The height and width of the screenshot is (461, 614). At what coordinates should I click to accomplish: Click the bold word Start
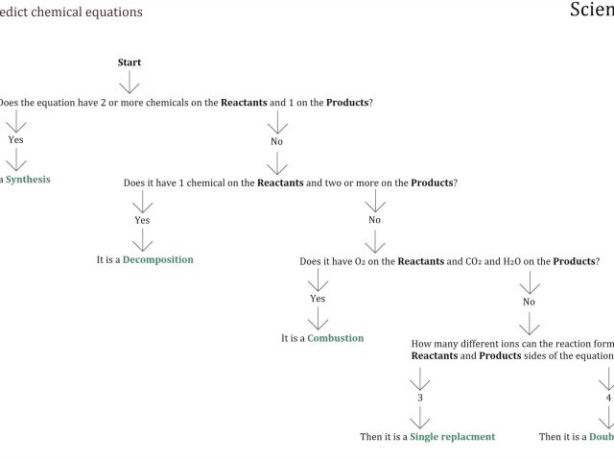click(130, 62)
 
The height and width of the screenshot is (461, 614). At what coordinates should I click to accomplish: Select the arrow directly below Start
click(130, 81)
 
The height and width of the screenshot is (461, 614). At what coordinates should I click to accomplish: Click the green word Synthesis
click(28, 180)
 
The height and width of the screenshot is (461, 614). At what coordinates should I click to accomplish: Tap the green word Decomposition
click(157, 259)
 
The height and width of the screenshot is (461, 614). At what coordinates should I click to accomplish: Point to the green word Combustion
click(335, 338)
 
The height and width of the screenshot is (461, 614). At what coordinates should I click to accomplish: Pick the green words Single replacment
click(453, 436)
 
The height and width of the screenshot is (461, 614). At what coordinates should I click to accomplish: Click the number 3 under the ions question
click(419, 397)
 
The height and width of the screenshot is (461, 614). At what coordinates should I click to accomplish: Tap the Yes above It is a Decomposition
click(142, 220)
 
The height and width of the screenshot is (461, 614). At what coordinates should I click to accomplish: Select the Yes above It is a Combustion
click(318, 299)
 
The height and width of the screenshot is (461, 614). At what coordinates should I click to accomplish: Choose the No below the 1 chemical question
click(374, 220)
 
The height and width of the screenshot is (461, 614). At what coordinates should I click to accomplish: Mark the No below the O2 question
click(529, 302)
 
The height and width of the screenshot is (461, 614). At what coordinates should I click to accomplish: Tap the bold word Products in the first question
click(347, 102)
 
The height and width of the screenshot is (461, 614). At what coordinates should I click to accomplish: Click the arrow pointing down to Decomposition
click(142, 240)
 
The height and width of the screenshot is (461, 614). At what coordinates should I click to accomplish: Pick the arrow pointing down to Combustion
click(318, 319)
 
